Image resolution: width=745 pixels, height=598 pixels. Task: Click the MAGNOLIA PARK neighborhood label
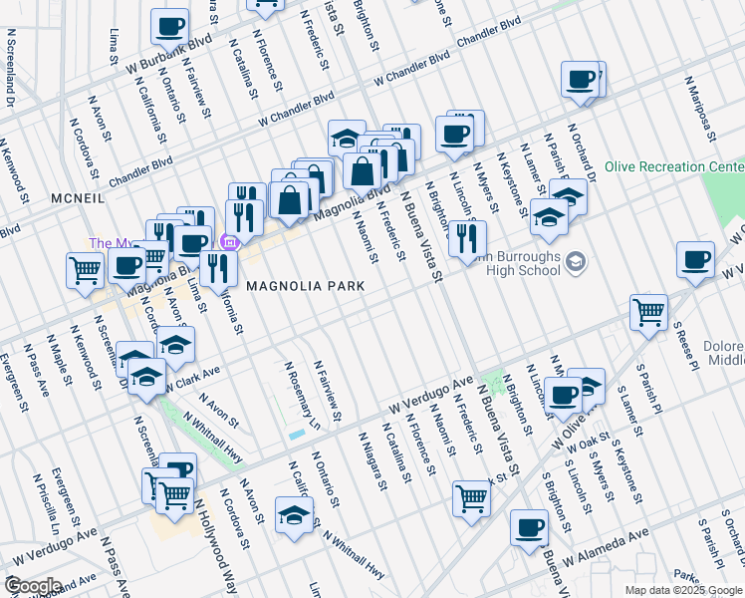305,286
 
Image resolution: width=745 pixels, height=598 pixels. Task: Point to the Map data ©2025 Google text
683,590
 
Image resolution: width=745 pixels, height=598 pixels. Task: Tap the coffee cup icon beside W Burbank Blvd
169,26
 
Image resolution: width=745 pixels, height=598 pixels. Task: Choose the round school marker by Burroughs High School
575,262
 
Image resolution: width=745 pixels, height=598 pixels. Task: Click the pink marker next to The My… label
228,242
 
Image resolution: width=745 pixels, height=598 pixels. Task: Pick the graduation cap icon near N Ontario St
294,516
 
